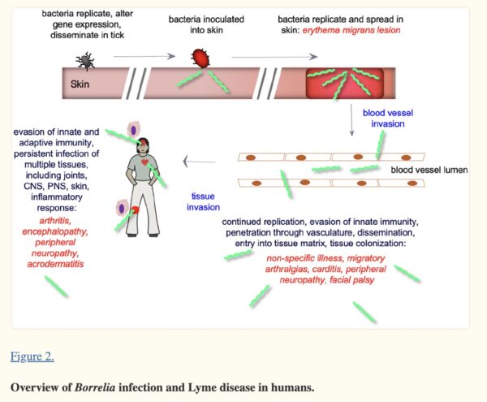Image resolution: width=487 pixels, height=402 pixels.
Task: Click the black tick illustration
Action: [x=84, y=59]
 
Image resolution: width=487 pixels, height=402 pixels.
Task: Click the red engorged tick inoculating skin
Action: [x=200, y=56]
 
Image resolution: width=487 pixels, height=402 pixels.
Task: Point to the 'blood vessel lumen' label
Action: [x=429, y=170]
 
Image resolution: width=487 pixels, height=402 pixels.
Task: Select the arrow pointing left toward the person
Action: [x=197, y=162]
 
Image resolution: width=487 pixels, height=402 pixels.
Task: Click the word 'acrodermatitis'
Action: [x=58, y=264]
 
